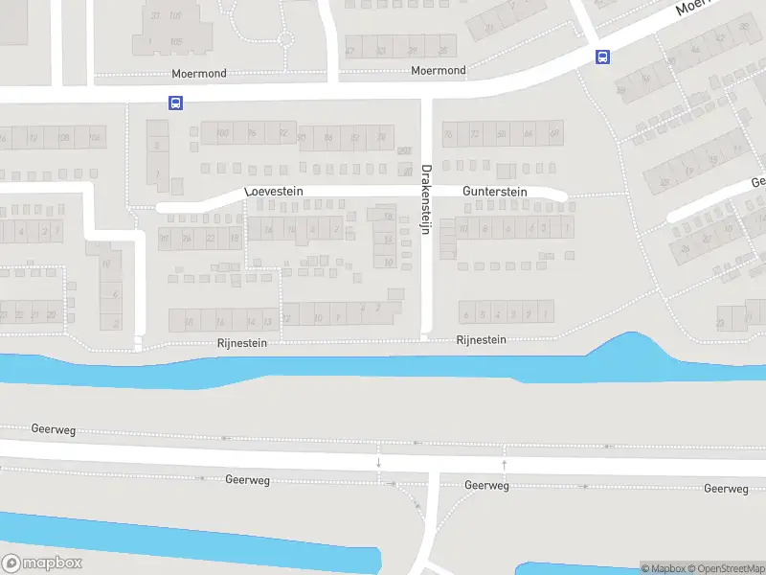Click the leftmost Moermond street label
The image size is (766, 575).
tap(197, 74)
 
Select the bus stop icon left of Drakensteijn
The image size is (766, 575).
tap(175, 103)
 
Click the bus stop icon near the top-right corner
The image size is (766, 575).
tap(602, 57)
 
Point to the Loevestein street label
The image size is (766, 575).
tap(275, 192)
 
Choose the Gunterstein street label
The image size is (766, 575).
tap(495, 192)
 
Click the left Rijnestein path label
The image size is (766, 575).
tap(240, 342)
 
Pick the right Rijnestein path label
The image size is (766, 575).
tap(481, 340)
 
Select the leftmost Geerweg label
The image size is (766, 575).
tap(52, 430)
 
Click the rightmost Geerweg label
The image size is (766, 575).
tap(725, 489)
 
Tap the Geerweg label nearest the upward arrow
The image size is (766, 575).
tap(485, 486)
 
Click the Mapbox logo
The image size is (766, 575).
tap(42, 563)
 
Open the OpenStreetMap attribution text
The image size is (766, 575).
tap(722, 569)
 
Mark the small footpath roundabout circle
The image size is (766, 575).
tap(284, 40)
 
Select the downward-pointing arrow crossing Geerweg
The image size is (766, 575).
tap(379, 464)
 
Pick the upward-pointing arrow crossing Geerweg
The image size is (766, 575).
tap(504, 464)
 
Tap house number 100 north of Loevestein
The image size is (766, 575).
tap(223, 133)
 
